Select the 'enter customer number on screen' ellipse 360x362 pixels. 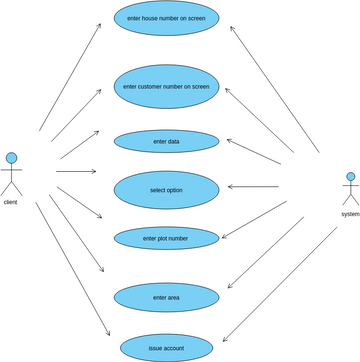tap(167, 87)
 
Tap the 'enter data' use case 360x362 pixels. tap(167, 142)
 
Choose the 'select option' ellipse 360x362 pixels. tap(167, 189)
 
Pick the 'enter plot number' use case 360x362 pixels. tap(167, 238)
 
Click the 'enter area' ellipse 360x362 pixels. tap(167, 297)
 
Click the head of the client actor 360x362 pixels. tap(12, 157)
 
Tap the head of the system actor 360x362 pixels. tap(350, 177)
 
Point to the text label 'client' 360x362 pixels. tap(11, 202)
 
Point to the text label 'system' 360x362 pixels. tap(349, 214)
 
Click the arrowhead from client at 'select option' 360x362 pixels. tap(95, 172)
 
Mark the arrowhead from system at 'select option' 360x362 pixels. tap(230, 187)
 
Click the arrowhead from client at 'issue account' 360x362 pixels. tap(107, 337)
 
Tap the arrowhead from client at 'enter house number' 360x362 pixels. tap(100, 26)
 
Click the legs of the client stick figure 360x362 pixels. tap(12, 189)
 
